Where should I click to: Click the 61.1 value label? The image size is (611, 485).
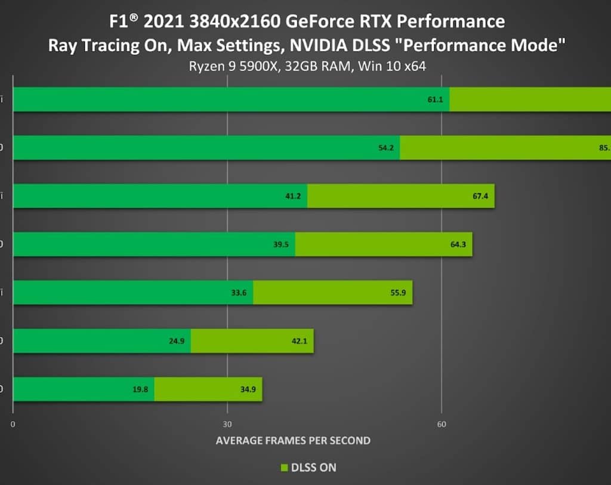(435, 100)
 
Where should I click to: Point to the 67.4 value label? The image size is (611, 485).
(480, 196)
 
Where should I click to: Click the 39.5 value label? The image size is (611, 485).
(281, 244)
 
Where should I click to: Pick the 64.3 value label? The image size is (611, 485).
(458, 244)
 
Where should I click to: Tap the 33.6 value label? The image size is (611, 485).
(239, 293)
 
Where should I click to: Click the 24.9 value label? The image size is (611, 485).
(177, 341)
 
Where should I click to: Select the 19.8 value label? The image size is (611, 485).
(141, 389)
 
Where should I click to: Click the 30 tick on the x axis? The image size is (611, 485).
(227, 425)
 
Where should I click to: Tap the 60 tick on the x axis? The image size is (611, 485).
(442, 425)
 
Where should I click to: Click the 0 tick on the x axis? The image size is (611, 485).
(13, 425)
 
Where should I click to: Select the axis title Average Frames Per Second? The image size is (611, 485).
(293, 441)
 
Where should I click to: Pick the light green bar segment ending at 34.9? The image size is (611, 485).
(208, 389)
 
